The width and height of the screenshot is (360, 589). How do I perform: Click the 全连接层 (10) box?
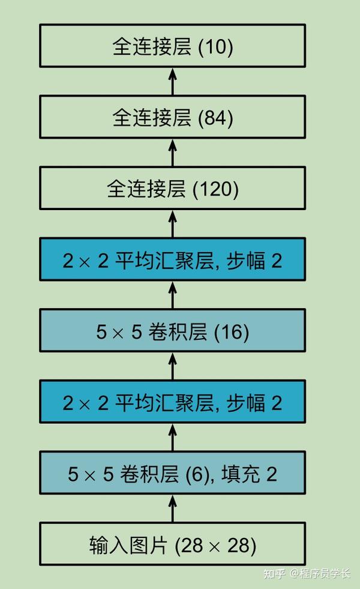pos(172,46)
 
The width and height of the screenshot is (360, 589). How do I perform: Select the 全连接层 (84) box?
pos(172,117)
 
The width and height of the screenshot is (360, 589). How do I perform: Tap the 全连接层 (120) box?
pos(172,188)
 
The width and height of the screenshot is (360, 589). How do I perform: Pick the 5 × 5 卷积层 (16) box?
pos(172,331)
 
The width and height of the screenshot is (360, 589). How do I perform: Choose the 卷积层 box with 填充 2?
pos(172,473)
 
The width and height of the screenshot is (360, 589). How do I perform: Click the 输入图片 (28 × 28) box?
pos(172,544)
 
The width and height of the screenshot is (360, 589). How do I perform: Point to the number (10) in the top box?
pos(215,47)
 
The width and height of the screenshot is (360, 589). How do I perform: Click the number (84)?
pos(215,118)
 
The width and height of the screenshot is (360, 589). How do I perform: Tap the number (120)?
pos(215,189)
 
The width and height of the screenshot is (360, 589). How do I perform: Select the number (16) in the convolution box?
pos(231,331)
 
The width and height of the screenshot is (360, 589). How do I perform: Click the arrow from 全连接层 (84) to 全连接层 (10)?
pos(172,82)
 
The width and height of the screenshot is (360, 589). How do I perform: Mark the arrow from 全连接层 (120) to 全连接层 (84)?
pos(172,153)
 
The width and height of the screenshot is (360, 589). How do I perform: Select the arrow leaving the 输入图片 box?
pos(172,509)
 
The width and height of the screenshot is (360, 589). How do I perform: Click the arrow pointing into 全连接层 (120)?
pos(172,224)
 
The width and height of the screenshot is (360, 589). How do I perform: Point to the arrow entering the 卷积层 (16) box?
pos(172,366)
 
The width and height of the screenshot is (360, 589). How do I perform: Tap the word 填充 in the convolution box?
pos(241,474)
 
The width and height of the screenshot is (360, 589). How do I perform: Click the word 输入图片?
pos(128,545)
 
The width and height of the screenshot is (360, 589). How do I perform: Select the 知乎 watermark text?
pos(274,573)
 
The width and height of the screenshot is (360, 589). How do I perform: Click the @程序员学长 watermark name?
pos(320,573)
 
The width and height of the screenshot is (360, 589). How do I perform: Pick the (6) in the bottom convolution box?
pos(197,474)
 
